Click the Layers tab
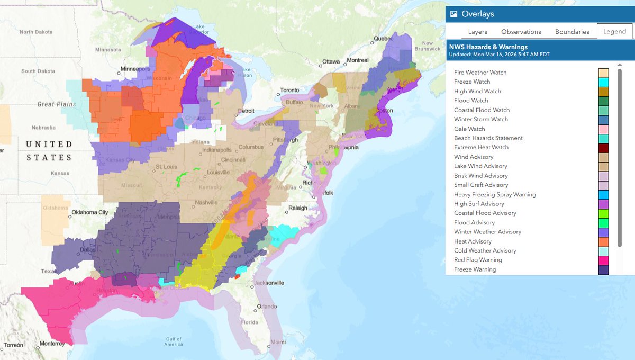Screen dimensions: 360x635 pos(477,32)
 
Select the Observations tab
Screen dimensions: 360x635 pos(521,32)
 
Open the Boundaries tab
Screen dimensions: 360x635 pos(572,32)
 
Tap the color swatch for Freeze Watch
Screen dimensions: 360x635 pos(603,82)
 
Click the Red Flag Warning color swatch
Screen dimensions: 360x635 pos(603,260)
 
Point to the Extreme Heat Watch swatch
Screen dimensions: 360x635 pos(603,148)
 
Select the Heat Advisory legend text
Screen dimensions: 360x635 pos(473,241)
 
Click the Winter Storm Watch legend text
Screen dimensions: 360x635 pos(480,119)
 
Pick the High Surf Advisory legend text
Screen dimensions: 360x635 pos(479,204)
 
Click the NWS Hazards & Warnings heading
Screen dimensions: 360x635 pos(488,47)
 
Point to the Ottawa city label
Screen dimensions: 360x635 pos(332,61)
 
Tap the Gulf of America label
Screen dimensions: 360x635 pos(173,341)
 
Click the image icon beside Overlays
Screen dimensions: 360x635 pos(453,14)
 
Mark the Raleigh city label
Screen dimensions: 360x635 pos(297,208)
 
